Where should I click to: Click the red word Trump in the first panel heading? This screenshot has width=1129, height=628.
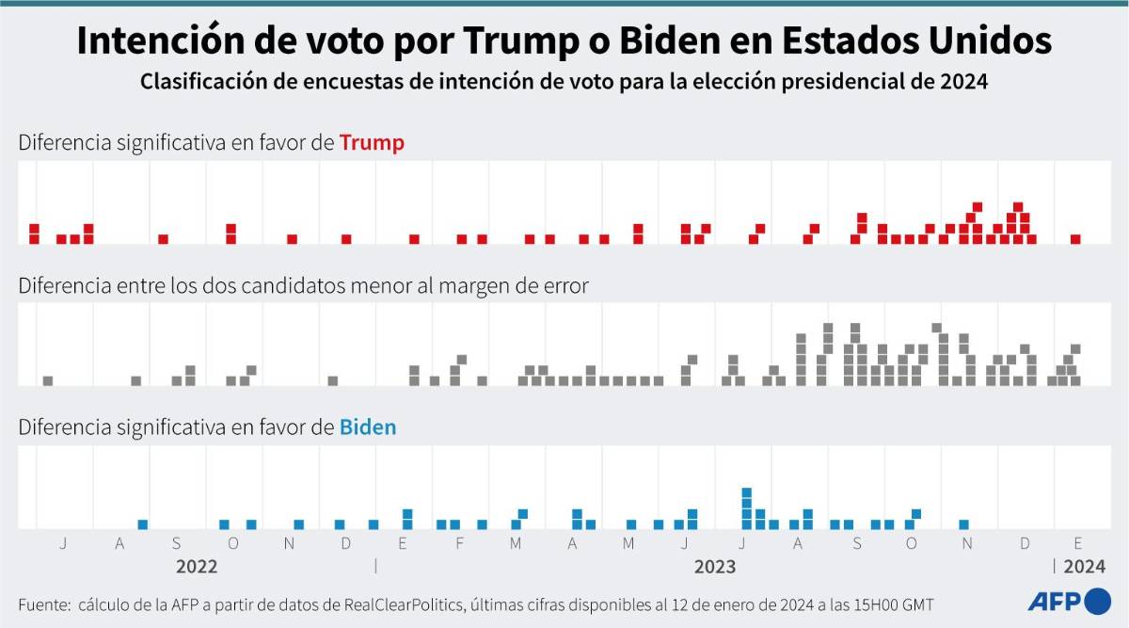pos(372,143)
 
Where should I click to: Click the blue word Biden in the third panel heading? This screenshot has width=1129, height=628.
pos(368,427)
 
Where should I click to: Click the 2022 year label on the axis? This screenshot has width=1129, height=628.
pos(197,567)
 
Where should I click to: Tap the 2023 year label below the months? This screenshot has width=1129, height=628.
pos(715,567)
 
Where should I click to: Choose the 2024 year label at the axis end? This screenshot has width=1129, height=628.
pos(1085,567)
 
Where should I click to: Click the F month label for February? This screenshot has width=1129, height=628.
pos(459,543)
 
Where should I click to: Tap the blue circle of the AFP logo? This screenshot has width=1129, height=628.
pos(1098,601)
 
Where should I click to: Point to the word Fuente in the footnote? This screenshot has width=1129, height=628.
pos(44,604)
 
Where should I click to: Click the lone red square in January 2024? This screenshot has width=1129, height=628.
pos(1075,239)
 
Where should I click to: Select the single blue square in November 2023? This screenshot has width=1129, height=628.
pos(963,524)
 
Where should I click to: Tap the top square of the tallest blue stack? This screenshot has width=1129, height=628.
pos(746,491)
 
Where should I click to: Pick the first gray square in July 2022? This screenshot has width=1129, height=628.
pos(48,380)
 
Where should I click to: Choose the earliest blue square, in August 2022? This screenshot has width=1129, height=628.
pos(143,524)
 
